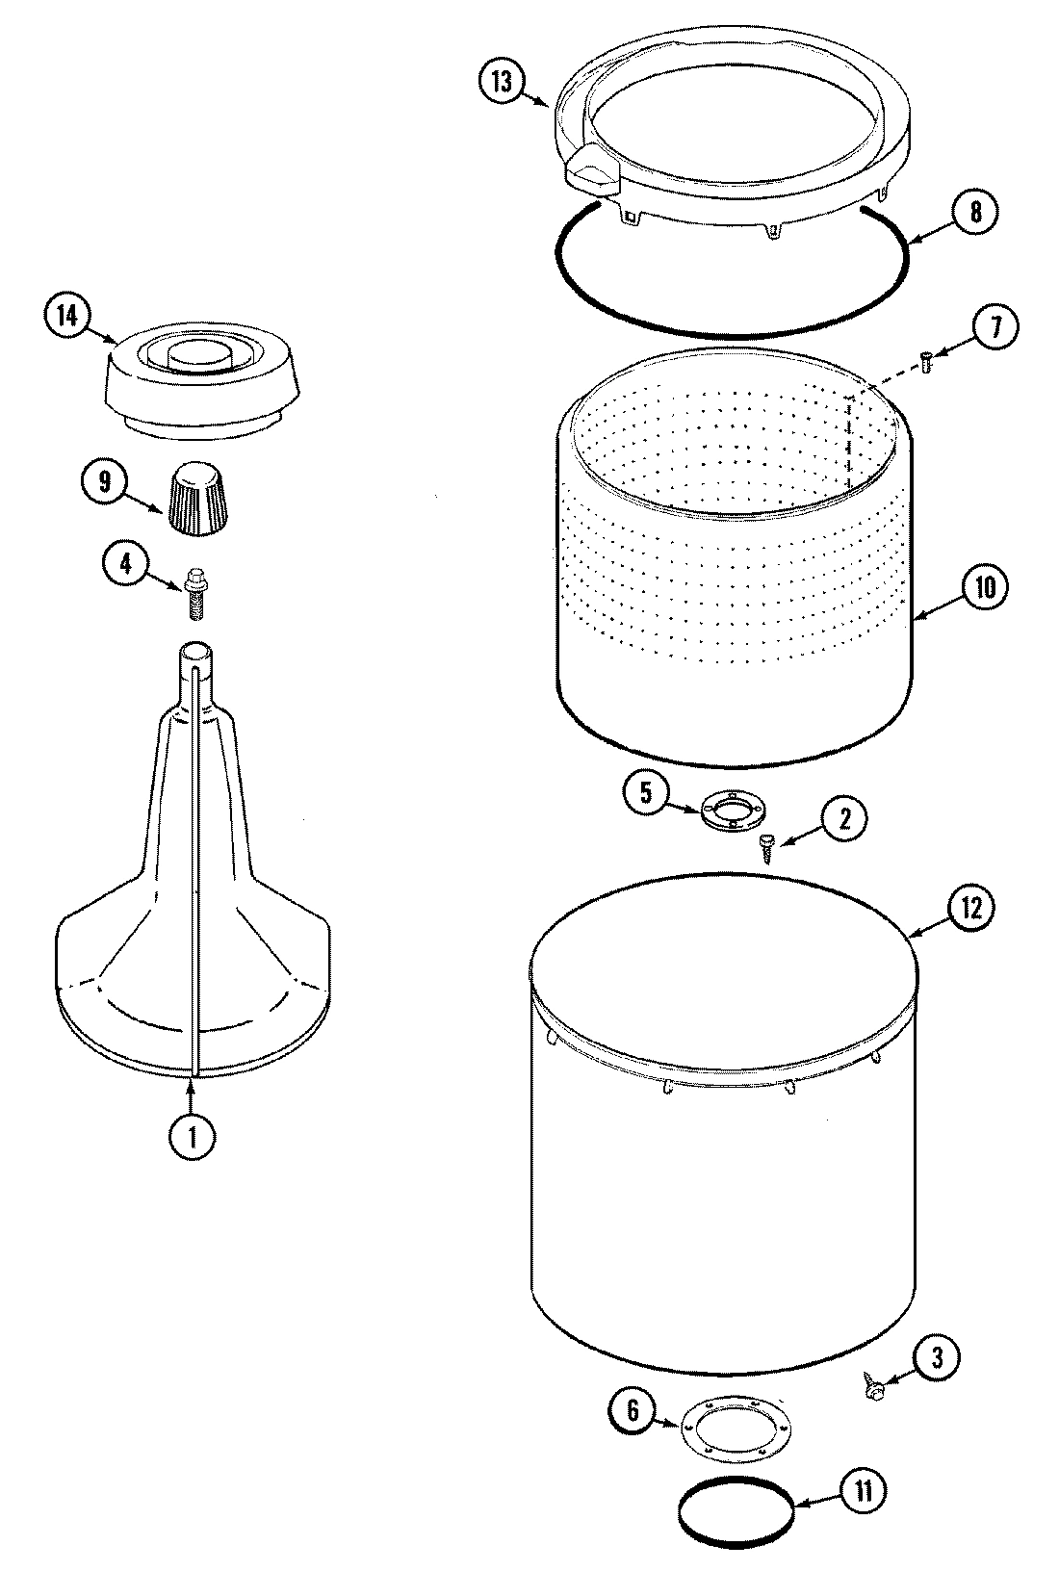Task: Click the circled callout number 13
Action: (x=501, y=82)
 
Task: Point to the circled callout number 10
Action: (x=985, y=587)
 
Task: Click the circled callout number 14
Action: (x=66, y=316)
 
